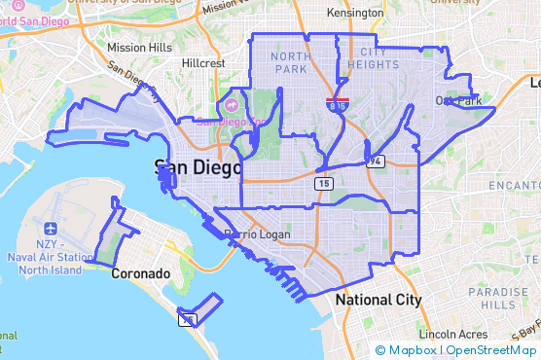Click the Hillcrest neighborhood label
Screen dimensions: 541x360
tap(203, 62)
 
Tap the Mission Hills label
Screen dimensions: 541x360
tap(139, 47)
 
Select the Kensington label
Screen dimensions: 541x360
tap(355, 14)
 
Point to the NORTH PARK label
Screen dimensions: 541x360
tap(292, 62)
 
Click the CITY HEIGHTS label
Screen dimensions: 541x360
tap(379, 58)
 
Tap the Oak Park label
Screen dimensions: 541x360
tap(459, 100)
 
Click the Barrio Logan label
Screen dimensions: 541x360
tap(252, 235)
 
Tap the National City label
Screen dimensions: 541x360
tap(379, 301)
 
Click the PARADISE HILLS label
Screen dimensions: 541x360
tap(497, 298)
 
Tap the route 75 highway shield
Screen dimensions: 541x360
tap(187, 318)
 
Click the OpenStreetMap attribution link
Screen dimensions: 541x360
tap(491, 350)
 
